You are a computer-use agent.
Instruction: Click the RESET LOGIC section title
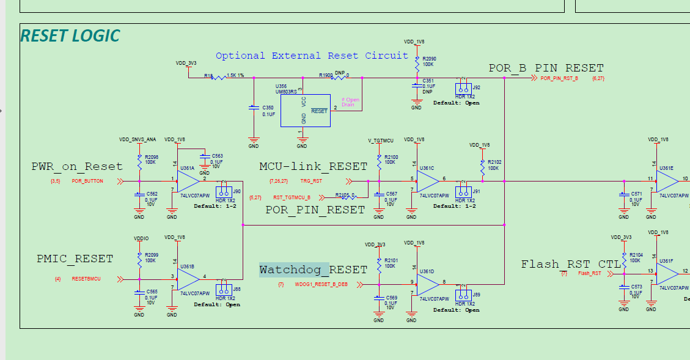(x=70, y=36)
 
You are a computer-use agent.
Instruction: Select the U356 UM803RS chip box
(x=305, y=111)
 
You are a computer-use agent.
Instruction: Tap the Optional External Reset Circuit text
(x=312, y=56)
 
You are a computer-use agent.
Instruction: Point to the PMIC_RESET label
(x=75, y=259)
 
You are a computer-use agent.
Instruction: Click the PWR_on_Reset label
(x=77, y=166)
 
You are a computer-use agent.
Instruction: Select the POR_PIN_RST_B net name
(x=559, y=78)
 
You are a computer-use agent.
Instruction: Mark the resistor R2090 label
(x=429, y=58)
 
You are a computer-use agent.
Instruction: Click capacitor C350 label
(x=268, y=107)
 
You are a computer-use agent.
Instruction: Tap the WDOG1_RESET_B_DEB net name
(x=321, y=285)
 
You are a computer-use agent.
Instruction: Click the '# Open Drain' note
(x=350, y=102)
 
